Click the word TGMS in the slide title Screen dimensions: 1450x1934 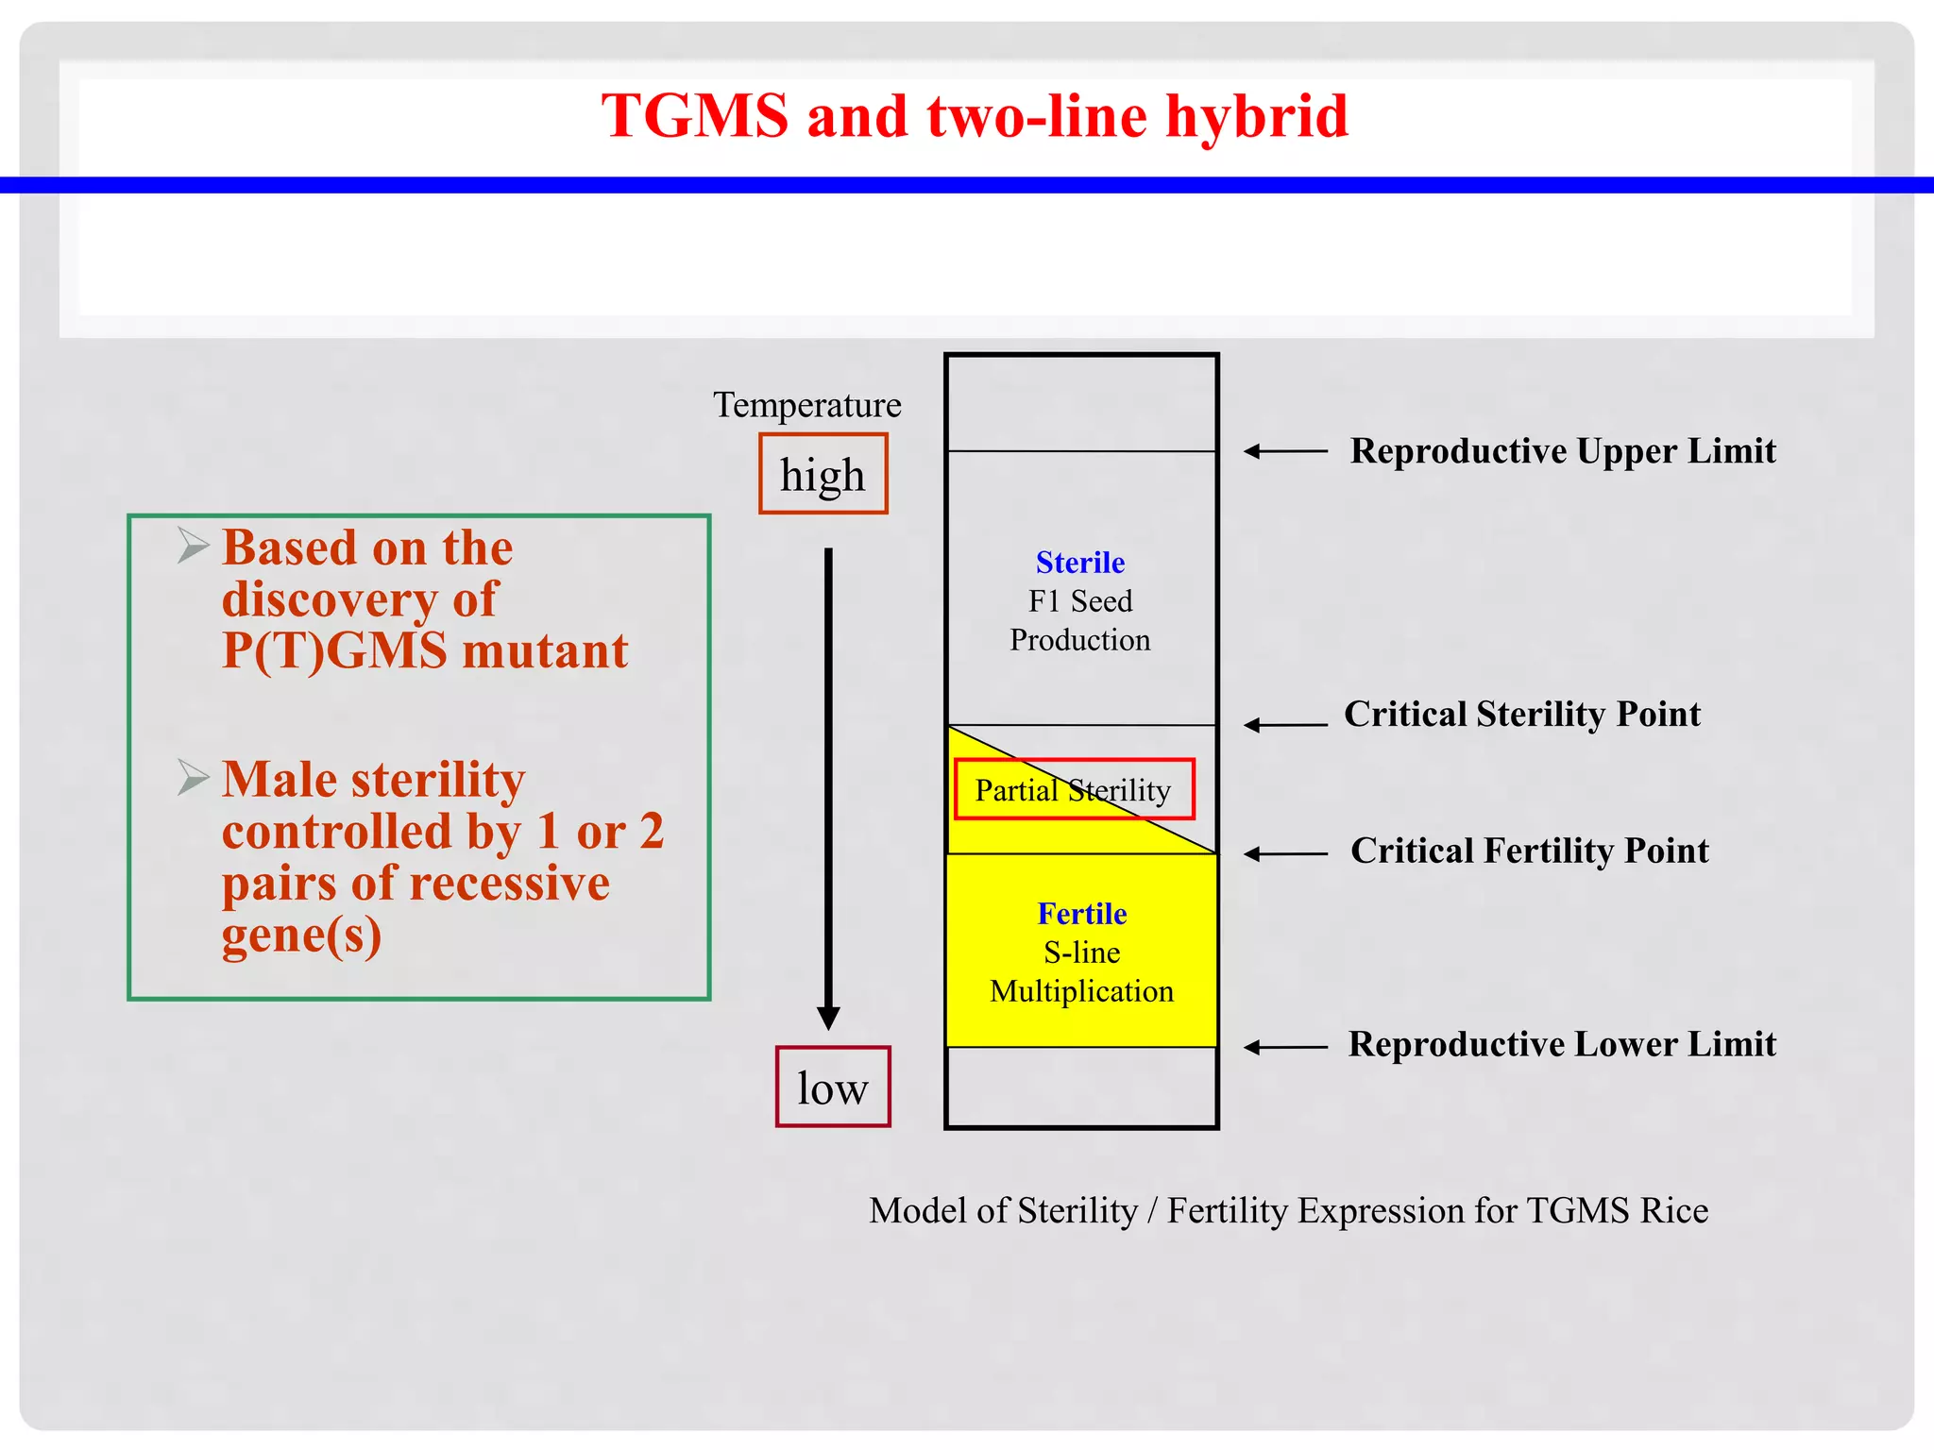point(694,116)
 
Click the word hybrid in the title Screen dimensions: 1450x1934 point(1256,116)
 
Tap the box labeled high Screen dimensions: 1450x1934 point(823,474)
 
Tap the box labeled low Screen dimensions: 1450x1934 point(832,1087)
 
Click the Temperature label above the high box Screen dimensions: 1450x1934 point(806,405)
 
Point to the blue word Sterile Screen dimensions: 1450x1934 point(1079,563)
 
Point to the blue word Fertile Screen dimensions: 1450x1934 point(1081,914)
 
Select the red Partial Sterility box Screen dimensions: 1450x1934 point(1073,789)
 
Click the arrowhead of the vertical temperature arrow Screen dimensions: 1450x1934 point(828,1019)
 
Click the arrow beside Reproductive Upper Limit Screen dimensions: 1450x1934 point(1284,452)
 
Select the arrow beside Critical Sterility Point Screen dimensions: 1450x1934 point(1284,725)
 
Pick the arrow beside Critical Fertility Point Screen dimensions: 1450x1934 point(1284,854)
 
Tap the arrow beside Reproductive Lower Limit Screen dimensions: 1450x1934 point(1284,1047)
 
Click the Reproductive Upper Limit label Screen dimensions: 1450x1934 point(1563,451)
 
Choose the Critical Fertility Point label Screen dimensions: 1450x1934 point(1529,851)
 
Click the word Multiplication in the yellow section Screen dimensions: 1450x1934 point(1081,991)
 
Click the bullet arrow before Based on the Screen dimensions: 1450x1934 point(193,546)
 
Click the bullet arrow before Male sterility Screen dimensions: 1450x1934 point(193,778)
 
